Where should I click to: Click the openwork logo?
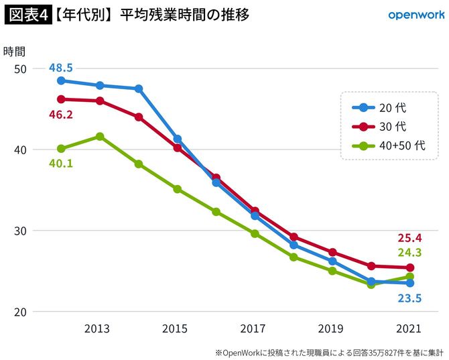tap(413, 14)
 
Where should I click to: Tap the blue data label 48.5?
tap(61, 68)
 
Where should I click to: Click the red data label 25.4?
tap(409, 237)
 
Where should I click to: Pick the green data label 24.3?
tap(409, 253)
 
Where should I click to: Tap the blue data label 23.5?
tap(409, 298)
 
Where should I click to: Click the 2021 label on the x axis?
tap(409, 329)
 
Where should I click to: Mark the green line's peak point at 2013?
tap(100, 136)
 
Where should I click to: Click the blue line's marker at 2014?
tap(139, 88)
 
